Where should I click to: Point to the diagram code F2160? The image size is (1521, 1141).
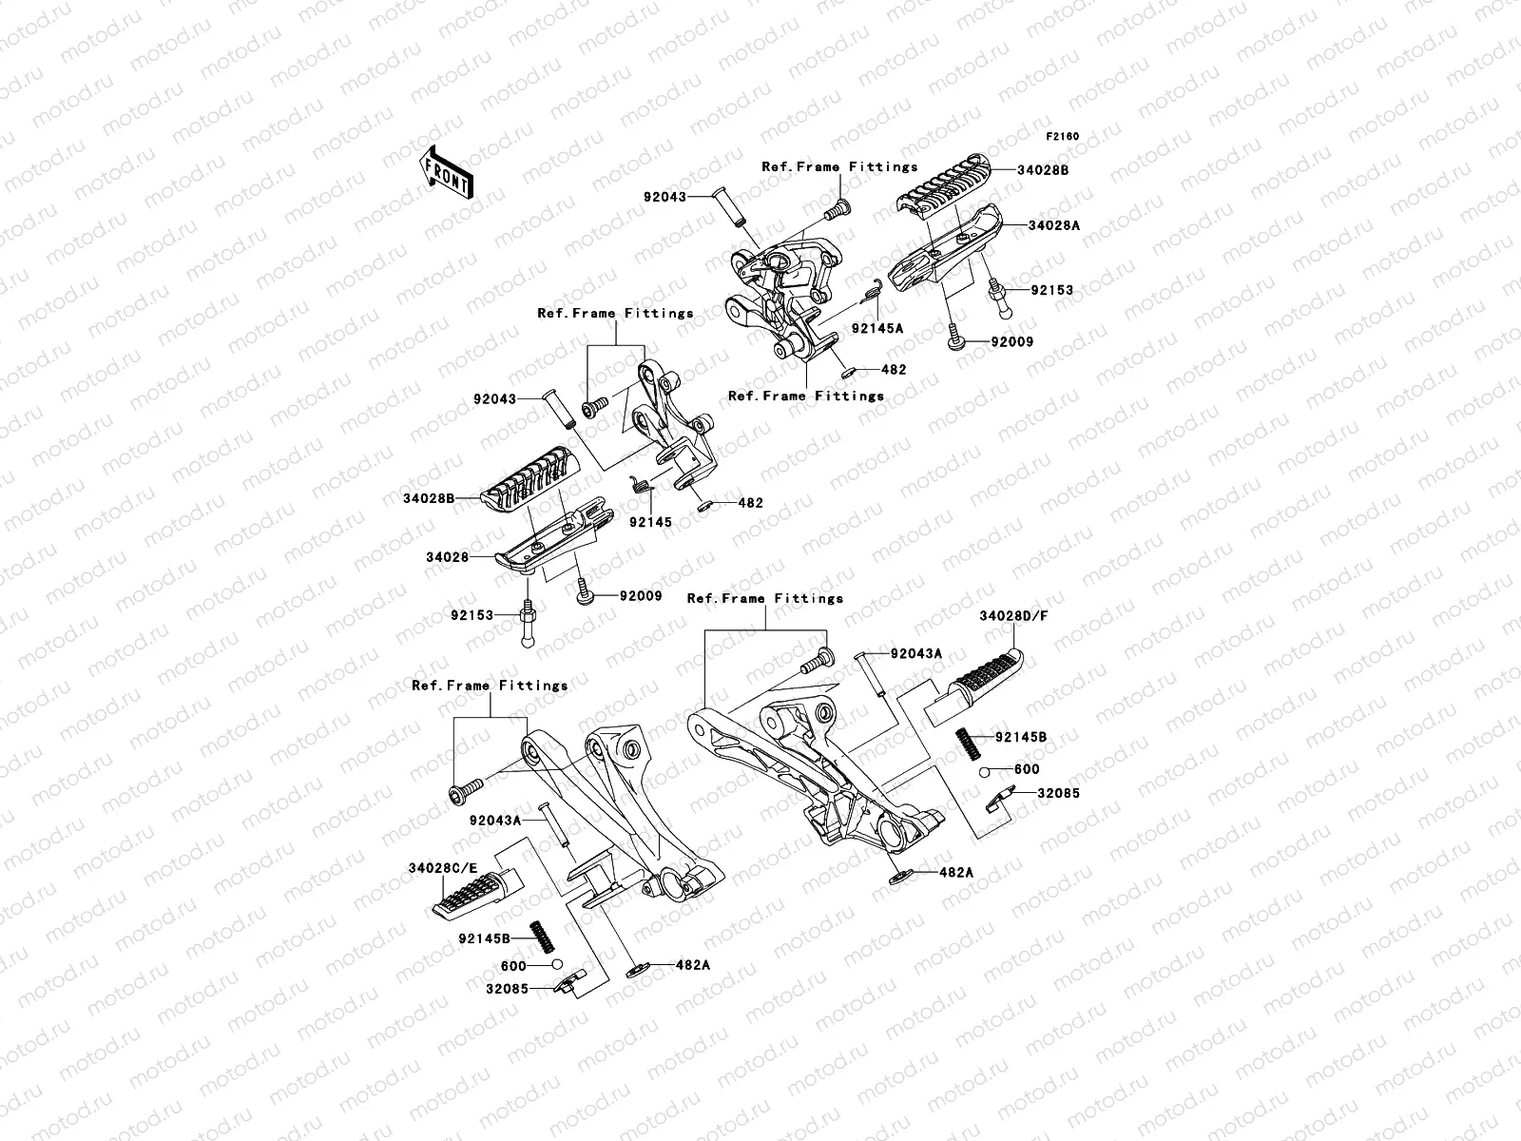click(x=1063, y=137)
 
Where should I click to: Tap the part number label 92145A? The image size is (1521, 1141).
click(x=876, y=328)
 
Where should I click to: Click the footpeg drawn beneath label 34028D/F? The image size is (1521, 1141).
click(x=979, y=682)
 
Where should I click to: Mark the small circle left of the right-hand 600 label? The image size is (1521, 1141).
click(x=988, y=770)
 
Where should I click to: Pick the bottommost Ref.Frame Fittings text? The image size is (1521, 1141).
click(x=490, y=686)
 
